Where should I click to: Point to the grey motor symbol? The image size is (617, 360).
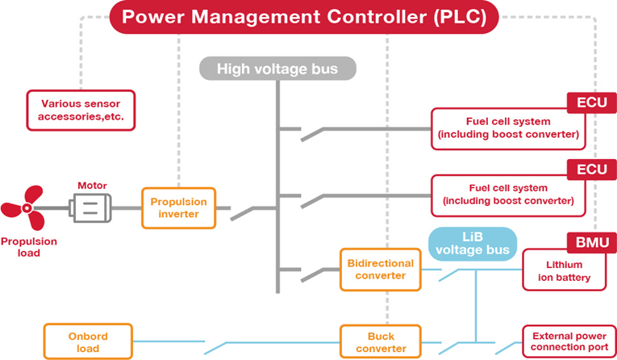[91, 208]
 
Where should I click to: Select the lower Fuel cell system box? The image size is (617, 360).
[508, 195]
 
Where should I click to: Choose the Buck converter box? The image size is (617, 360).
[380, 341]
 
